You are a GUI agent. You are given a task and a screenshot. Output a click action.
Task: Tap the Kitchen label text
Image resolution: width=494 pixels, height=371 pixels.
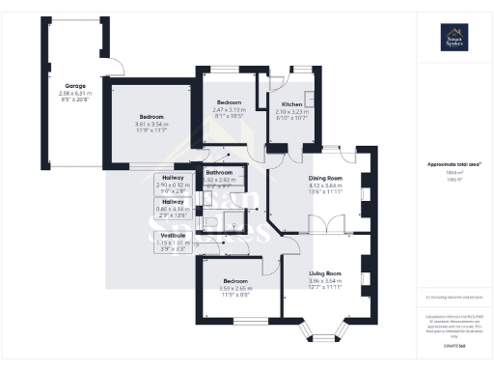tap(291, 103)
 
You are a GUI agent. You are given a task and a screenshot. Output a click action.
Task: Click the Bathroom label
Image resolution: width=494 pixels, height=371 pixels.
tap(220, 172)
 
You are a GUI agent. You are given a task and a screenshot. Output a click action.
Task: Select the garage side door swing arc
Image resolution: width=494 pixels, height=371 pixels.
tap(114, 66)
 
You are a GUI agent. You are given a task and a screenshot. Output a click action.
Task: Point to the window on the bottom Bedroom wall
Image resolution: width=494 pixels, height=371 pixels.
tap(235, 321)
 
